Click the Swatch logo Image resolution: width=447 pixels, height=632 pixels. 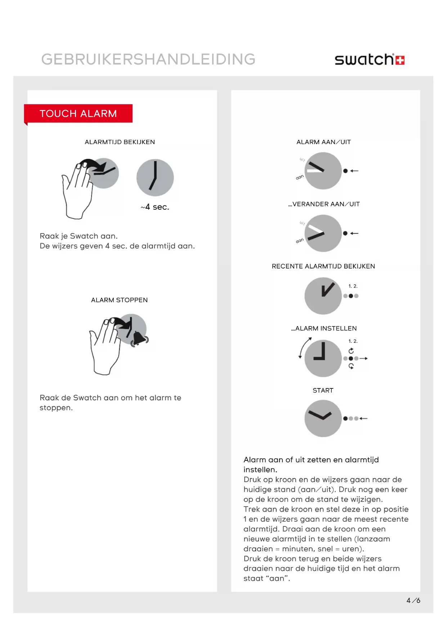click(x=369, y=59)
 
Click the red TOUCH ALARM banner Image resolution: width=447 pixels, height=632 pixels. click(x=78, y=114)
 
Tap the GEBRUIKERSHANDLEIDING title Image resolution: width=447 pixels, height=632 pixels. click(x=148, y=59)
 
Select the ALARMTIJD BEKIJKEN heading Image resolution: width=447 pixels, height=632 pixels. click(x=120, y=142)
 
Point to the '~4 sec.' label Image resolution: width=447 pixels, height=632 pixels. click(x=155, y=207)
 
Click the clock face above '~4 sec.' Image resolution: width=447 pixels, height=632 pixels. click(x=155, y=178)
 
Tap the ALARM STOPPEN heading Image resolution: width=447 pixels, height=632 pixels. click(x=119, y=300)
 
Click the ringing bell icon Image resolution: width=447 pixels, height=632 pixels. click(x=139, y=338)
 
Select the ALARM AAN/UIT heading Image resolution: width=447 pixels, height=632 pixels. click(x=323, y=142)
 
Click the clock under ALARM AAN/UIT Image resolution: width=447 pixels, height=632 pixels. click(x=323, y=171)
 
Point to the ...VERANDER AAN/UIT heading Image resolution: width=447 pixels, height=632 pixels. click(x=324, y=204)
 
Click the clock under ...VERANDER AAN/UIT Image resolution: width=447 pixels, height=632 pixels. click(x=323, y=233)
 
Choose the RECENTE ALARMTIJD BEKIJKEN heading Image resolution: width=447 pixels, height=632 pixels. click(x=323, y=266)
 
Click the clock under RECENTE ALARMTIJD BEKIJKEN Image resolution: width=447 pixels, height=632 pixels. click(x=323, y=296)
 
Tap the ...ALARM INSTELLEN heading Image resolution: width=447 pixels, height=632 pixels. click(x=324, y=328)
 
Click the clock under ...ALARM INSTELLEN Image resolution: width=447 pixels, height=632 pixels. click(x=323, y=358)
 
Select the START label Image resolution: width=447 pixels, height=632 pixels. click(x=323, y=390)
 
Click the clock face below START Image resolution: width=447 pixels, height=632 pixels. click(x=323, y=418)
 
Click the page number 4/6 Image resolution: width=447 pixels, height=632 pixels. click(x=413, y=600)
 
